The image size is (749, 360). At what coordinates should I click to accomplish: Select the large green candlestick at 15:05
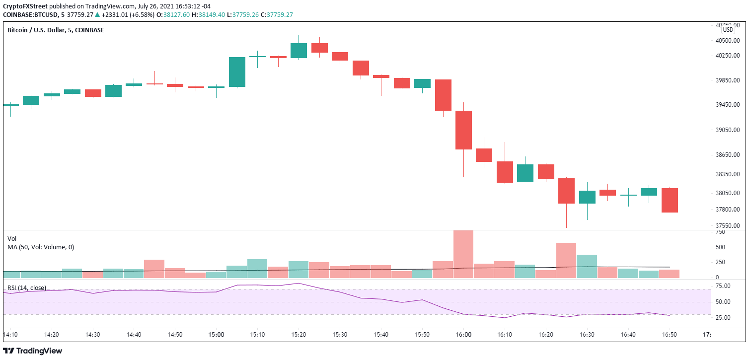237,72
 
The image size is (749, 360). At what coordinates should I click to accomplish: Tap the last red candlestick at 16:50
669,200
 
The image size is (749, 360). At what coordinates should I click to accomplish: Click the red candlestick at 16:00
463,130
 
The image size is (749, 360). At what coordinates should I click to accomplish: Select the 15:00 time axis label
216,335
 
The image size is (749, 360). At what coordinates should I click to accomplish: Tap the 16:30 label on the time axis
587,335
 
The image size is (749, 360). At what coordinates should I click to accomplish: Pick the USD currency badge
728,30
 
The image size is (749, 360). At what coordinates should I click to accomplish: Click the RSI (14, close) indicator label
26,288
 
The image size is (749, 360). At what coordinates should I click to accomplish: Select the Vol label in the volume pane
12,238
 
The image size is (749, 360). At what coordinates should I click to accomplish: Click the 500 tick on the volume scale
719,247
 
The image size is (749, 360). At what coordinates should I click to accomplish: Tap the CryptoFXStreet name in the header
25,6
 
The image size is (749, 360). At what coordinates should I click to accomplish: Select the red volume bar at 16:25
566,260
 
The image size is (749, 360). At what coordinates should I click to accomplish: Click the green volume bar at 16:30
587,266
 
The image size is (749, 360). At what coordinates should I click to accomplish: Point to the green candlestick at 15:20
299,51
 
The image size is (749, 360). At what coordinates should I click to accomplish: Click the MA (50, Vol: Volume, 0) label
41,247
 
